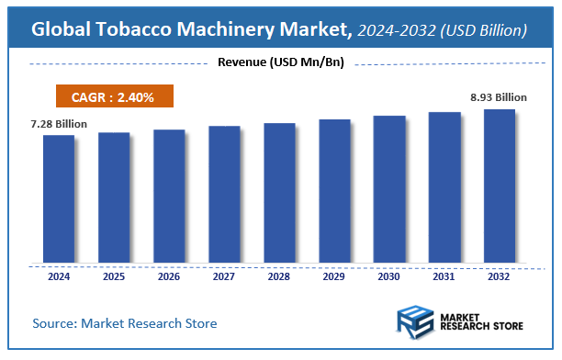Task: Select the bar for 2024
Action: (59, 198)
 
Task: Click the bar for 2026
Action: (169, 196)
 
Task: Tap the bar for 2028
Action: (279, 192)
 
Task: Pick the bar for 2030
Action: (389, 188)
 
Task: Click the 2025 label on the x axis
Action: (114, 276)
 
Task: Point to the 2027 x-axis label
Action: (224, 276)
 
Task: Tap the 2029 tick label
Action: (334, 276)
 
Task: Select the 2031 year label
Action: (444, 276)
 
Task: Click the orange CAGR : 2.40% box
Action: (114, 96)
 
